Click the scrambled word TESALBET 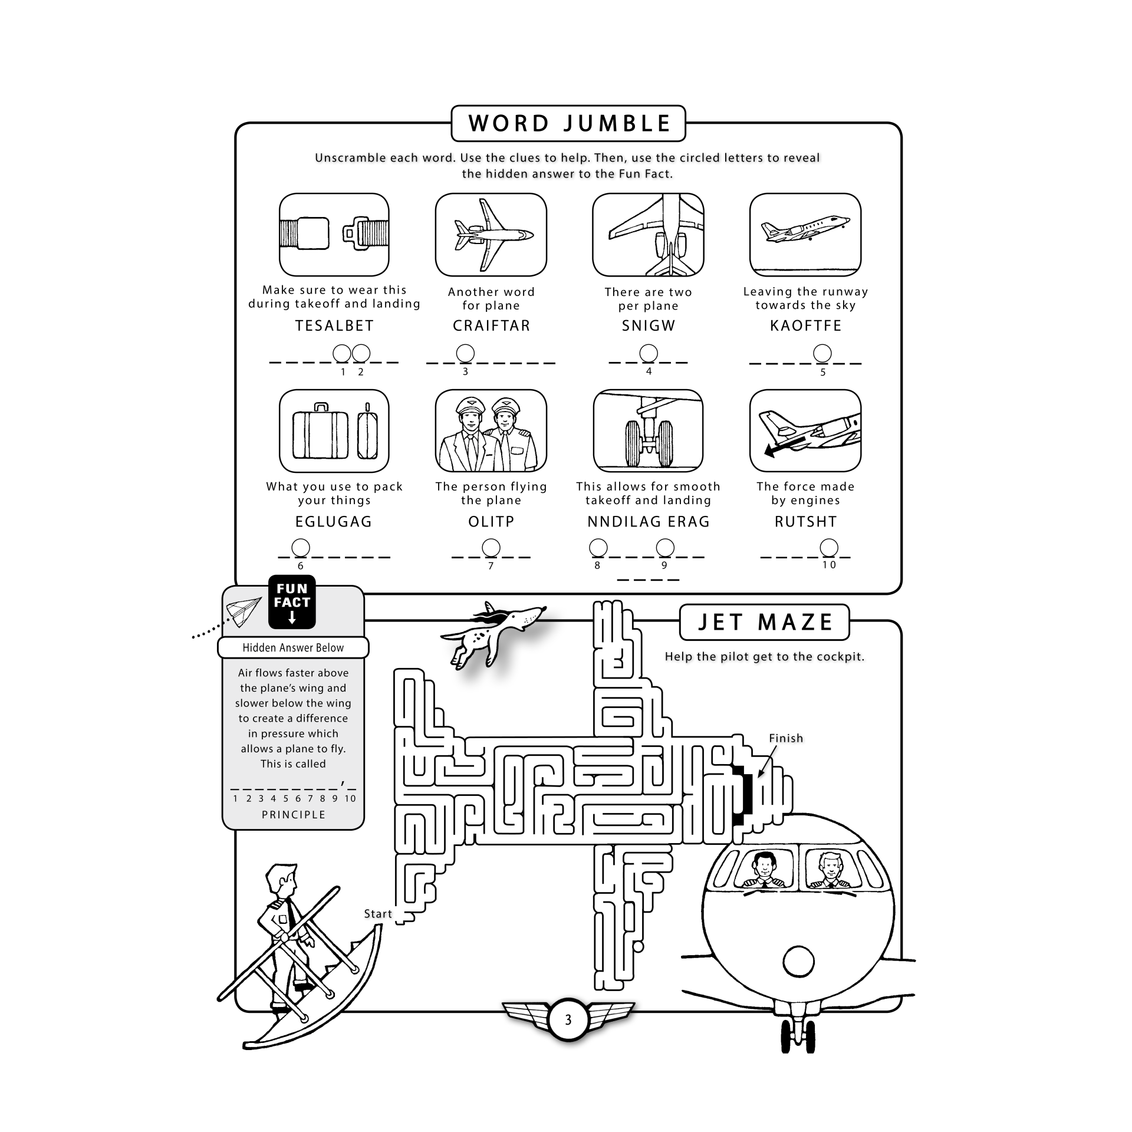tap(334, 326)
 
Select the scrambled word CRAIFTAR tap(491, 326)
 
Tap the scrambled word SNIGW tap(648, 326)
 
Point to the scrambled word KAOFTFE tap(805, 326)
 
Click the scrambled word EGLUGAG tap(334, 522)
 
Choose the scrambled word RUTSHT tap(805, 522)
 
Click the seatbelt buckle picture tap(334, 235)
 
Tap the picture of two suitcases tap(334, 430)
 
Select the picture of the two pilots tap(491, 430)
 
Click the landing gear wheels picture tap(648, 430)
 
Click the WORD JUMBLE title tap(568, 124)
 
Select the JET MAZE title tap(764, 623)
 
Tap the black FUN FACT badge tap(292, 601)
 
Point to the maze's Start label tap(378, 914)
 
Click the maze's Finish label tap(786, 738)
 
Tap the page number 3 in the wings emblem tap(568, 1020)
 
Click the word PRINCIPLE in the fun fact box tap(293, 815)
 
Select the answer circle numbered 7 tap(491, 548)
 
